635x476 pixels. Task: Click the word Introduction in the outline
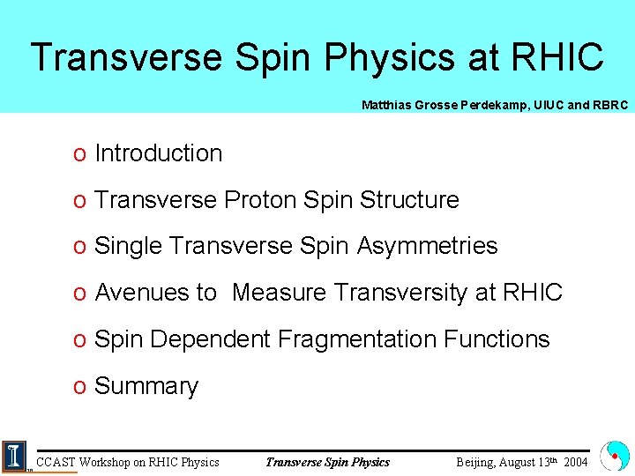tap(158, 153)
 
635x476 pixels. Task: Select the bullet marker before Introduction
tap(79, 154)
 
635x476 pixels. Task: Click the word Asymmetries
tap(427, 246)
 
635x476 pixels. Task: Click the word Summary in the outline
tap(146, 386)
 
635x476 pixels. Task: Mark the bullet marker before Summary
tap(79, 387)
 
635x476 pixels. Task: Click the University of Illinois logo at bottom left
tap(15, 456)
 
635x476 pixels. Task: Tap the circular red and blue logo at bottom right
tap(614, 456)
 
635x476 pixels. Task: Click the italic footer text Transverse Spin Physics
tap(327, 462)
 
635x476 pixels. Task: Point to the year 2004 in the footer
tap(575, 462)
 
